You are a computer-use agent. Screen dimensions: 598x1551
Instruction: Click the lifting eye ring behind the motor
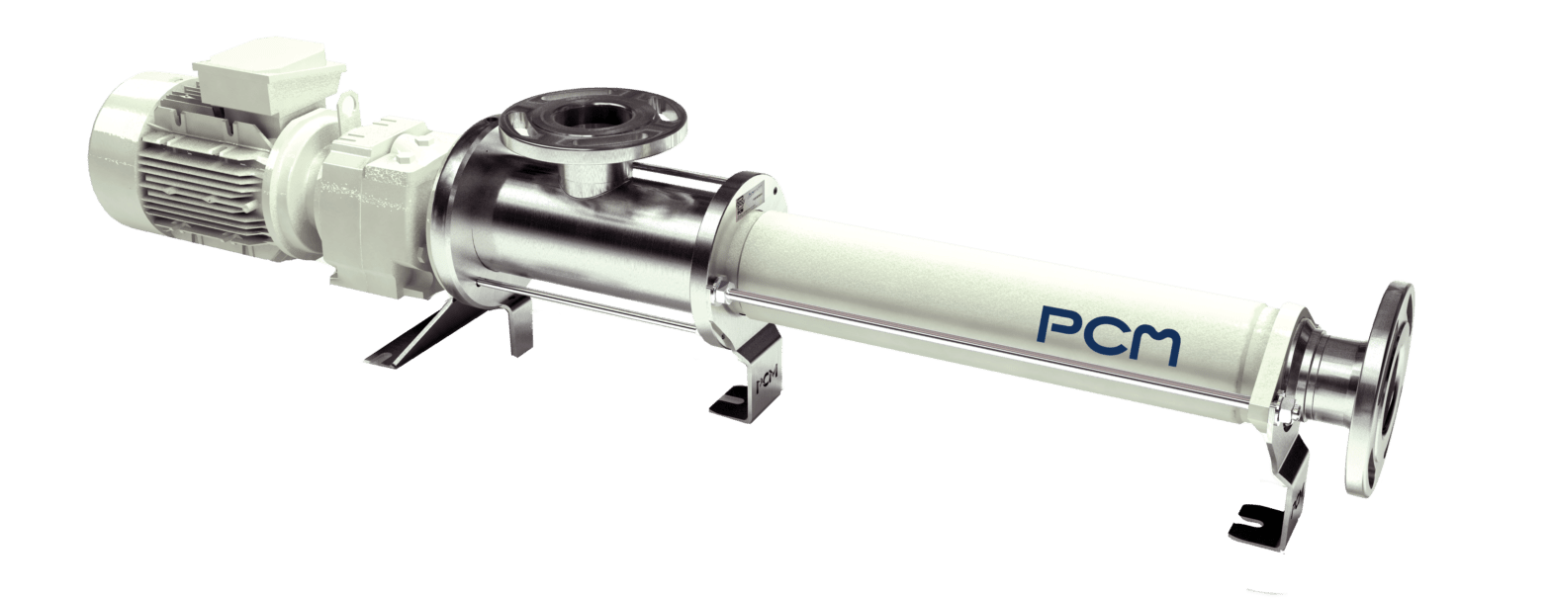(349, 104)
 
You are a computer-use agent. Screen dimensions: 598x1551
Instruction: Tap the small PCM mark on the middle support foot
(764, 380)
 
